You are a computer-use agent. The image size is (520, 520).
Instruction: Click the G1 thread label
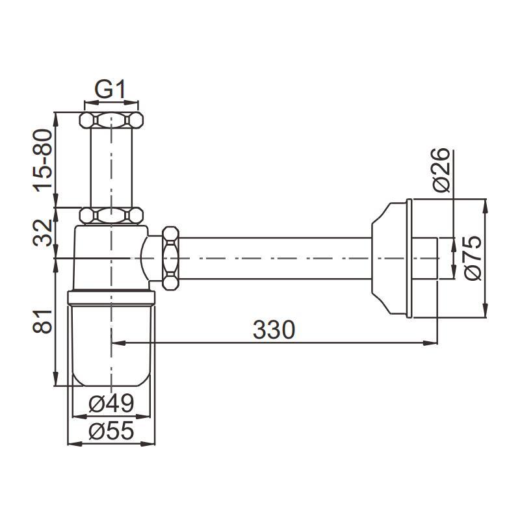tap(110, 90)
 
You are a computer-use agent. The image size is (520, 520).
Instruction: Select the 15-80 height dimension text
tap(44, 160)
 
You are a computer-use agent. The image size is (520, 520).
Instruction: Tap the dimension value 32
tap(44, 233)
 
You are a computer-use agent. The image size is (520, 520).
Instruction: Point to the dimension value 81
tap(44, 321)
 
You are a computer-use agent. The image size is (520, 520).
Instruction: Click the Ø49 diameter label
tap(111, 403)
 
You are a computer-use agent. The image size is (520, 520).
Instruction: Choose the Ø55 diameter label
tap(111, 430)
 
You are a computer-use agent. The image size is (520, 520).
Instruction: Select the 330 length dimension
tap(274, 330)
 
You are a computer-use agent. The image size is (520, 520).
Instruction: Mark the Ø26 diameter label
tap(442, 170)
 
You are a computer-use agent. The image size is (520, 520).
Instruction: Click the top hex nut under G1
tap(111, 120)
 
